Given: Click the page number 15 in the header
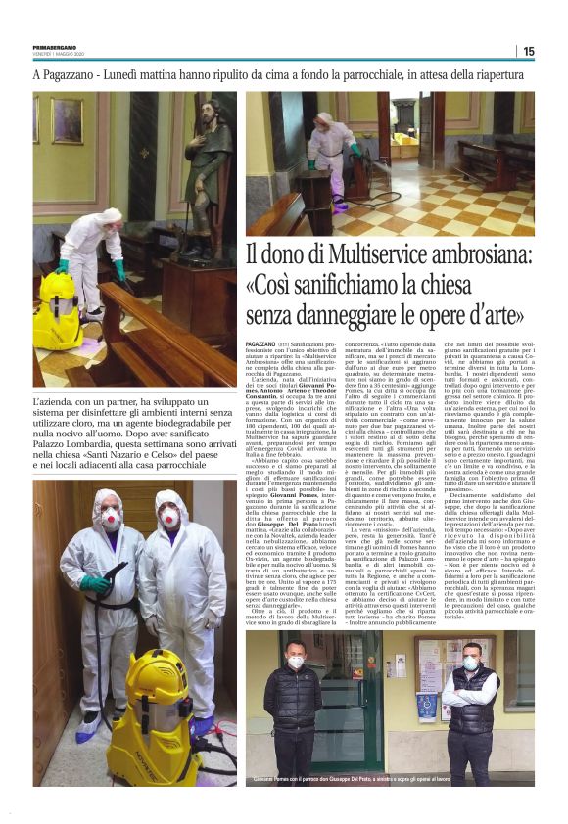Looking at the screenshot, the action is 528,51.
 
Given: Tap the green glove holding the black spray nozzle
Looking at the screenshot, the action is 97,583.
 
